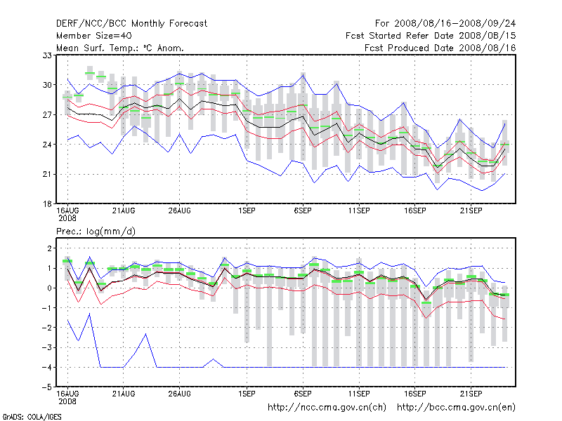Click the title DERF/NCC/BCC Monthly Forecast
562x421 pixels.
pyautogui.click(x=131, y=24)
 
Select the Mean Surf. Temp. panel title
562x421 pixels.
pyautogui.click(x=120, y=48)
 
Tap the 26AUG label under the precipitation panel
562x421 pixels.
pyautogui.click(x=179, y=394)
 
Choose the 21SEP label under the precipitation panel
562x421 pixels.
pyautogui.click(x=470, y=394)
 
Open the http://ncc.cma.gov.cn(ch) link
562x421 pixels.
pyautogui.click(x=327, y=407)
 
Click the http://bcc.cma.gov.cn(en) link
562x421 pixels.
pyautogui.click(x=456, y=407)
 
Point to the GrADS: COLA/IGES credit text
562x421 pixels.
pyautogui.click(x=32, y=417)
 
